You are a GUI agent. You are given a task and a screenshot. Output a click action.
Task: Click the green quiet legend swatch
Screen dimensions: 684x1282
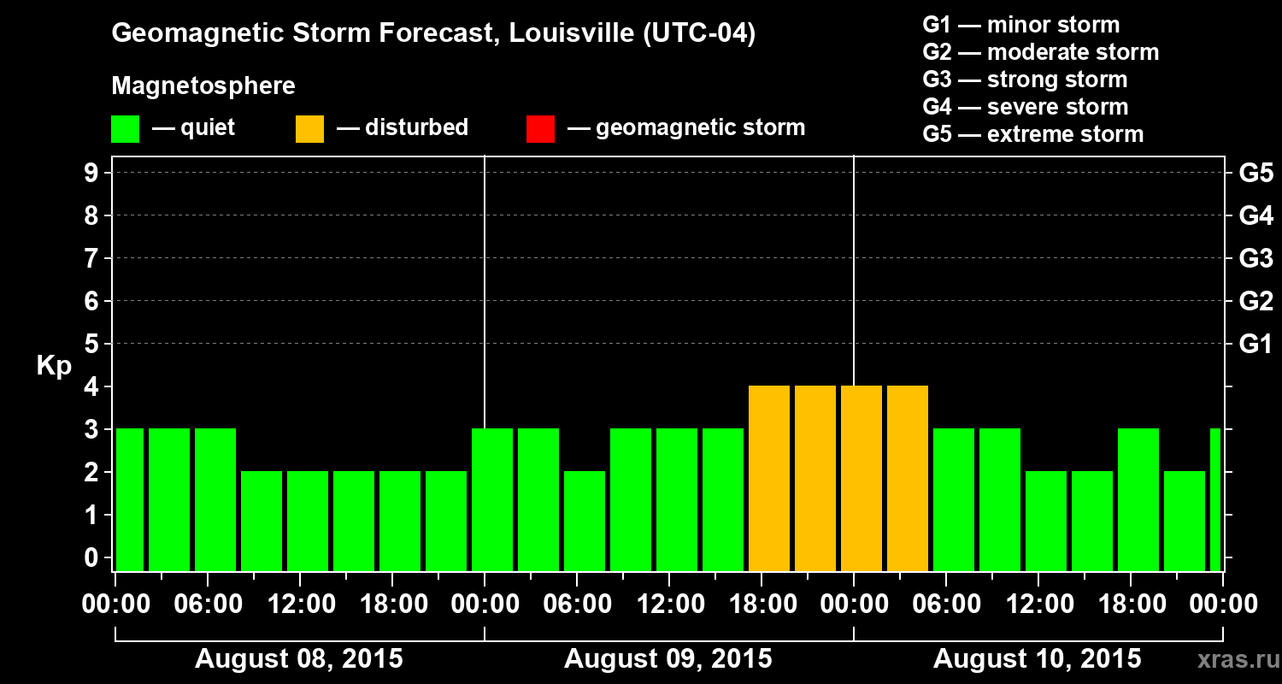125,129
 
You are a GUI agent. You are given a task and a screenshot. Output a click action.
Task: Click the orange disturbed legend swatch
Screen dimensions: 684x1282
309,129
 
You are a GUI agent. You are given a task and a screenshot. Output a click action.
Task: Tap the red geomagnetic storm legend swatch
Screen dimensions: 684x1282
540,129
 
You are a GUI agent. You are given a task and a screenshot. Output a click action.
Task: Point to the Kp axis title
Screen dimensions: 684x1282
54,366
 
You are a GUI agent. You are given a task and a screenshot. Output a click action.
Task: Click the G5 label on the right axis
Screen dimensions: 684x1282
1256,174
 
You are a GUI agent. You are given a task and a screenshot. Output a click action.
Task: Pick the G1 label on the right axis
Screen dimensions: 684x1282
1256,345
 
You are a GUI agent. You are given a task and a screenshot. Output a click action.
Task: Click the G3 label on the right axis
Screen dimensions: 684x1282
1256,259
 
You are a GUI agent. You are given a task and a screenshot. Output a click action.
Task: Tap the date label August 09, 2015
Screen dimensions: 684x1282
668,659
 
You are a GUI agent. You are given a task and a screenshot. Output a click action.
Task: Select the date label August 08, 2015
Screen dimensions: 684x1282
299,659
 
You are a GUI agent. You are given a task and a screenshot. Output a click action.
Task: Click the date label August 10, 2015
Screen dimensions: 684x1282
1037,659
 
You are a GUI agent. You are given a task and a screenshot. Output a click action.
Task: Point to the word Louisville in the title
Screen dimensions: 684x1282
571,34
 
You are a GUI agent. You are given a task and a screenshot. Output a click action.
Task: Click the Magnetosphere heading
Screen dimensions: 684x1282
203,86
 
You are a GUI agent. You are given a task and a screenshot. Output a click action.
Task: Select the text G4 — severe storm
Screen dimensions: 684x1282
1026,107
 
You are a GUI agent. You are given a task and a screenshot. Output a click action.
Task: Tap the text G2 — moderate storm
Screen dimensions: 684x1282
1041,52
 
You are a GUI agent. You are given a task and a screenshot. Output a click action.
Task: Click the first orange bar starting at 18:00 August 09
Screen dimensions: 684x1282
769,479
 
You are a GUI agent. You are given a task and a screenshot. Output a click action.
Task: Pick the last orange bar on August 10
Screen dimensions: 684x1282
908,479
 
